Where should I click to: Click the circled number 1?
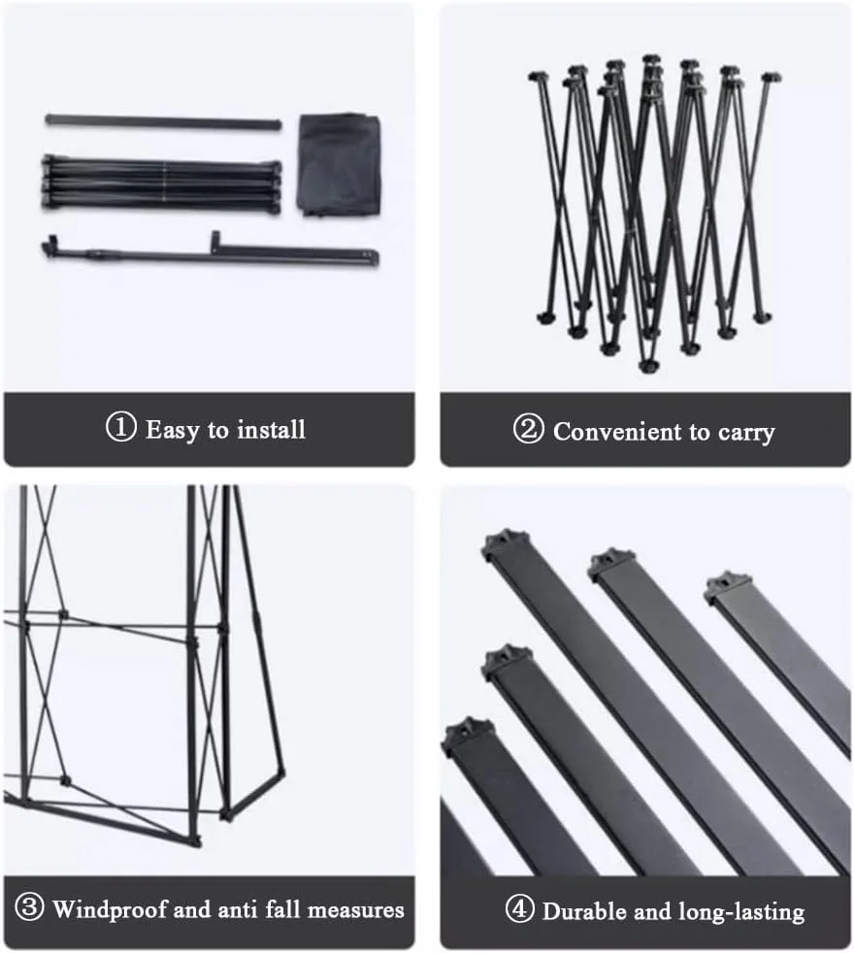point(121,427)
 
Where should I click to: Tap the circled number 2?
point(528,429)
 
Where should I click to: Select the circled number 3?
point(29,906)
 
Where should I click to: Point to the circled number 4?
point(520,909)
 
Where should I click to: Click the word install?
point(271,429)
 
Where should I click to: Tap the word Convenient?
point(617,432)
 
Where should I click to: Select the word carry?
point(746,434)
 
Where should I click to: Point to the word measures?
point(355,910)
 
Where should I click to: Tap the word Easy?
point(172,430)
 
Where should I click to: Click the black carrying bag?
point(340,164)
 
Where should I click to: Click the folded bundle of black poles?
point(162,183)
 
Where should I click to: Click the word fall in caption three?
point(283,909)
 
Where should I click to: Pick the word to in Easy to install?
point(217,431)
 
